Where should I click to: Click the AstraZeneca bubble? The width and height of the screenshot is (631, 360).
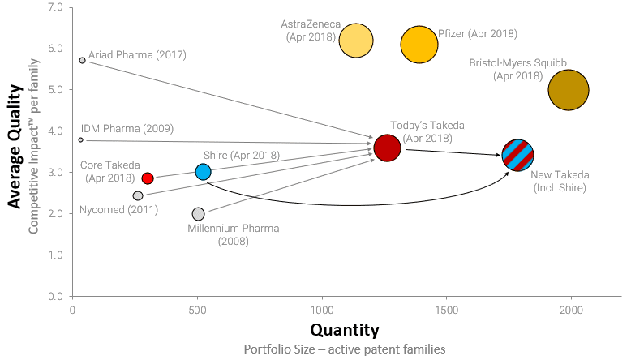click(356, 40)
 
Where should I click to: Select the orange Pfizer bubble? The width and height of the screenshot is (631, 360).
click(419, 45)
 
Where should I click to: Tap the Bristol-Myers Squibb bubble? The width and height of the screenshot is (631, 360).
click(569, 90)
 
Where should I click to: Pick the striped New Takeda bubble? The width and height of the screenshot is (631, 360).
click(517, 155)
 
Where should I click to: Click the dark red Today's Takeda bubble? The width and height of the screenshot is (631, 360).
click(388, 148)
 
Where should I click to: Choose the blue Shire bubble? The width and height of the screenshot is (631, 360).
click(204, 171)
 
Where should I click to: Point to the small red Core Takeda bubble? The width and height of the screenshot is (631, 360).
click(148, 178)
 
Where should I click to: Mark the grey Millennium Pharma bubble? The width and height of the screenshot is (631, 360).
click(199, 214)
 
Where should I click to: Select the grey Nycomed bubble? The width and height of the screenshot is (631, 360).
click(138, 195)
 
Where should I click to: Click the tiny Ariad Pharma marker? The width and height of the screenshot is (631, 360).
click(83, 60)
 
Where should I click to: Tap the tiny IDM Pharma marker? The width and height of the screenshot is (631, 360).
click(80, 139)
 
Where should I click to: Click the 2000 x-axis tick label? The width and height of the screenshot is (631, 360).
click(572, 310)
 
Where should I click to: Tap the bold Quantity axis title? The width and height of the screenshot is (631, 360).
click(344, 330)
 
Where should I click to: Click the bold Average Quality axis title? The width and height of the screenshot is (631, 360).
click(14, 150)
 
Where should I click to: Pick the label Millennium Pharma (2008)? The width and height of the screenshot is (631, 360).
click(233, 234)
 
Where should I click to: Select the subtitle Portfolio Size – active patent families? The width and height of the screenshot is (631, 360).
click(345, 349)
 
